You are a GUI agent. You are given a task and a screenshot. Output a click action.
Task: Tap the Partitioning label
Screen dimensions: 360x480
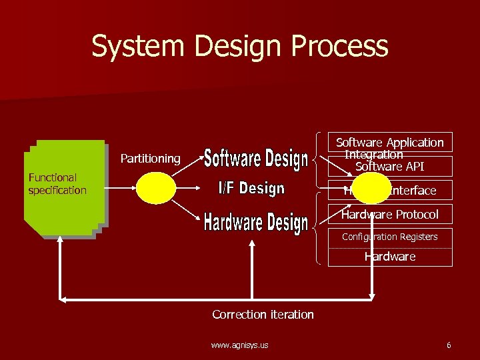[150, 159]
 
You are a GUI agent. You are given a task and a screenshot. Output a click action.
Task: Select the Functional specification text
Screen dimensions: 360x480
[57, 184]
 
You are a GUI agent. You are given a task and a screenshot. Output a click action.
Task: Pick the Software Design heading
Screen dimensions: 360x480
[256, 159]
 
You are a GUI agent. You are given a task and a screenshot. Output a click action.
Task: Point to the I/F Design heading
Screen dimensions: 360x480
[252, 189]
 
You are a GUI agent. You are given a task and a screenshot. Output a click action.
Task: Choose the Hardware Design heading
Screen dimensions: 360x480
[256, 223]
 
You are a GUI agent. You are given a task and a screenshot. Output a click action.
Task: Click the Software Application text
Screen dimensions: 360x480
[389, 143]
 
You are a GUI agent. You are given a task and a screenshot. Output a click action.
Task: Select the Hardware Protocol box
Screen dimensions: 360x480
[390, 215]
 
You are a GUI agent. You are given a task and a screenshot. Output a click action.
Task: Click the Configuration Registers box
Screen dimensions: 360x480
[390, 237]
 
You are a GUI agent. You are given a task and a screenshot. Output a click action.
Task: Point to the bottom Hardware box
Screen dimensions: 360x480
[390, 257]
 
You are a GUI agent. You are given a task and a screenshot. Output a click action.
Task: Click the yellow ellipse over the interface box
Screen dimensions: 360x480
[371, 188]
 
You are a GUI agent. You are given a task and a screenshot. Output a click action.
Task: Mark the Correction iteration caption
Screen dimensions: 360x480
[263, 315]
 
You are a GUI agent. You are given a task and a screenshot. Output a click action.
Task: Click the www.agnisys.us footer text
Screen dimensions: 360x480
[239, 345]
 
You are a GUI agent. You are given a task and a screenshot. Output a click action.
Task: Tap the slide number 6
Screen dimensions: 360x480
[449, 345]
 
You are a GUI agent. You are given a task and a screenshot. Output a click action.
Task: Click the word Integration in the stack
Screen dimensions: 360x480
[373, 155]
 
